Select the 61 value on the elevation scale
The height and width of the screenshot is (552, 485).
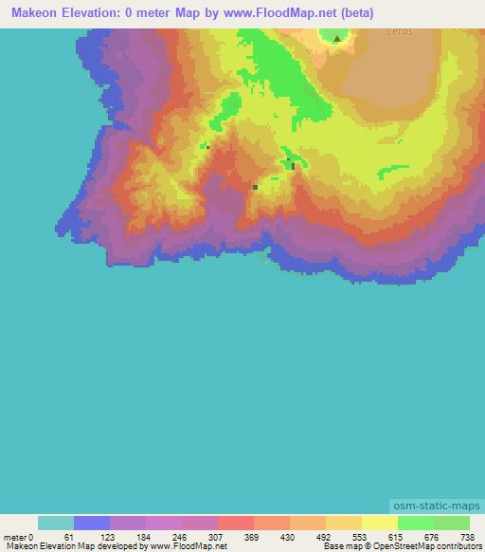[x=73, y=537]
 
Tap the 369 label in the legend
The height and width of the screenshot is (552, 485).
[x=253, y=537]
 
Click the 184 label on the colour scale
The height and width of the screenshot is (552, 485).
[x=145, y=537]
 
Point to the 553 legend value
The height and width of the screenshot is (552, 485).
[x=361, y=537]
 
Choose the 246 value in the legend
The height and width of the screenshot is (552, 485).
[x=181, y=537]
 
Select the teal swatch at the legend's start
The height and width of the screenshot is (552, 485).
[x=55, y=523]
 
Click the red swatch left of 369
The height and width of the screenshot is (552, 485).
[x=235, y=523]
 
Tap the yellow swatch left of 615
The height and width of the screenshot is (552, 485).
[x=379, y=523]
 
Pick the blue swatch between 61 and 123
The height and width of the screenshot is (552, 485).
[x=91, y=523]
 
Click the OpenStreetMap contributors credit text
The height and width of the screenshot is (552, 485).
[x=424, y=547]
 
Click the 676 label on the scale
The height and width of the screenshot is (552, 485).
[x=433, y=537]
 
